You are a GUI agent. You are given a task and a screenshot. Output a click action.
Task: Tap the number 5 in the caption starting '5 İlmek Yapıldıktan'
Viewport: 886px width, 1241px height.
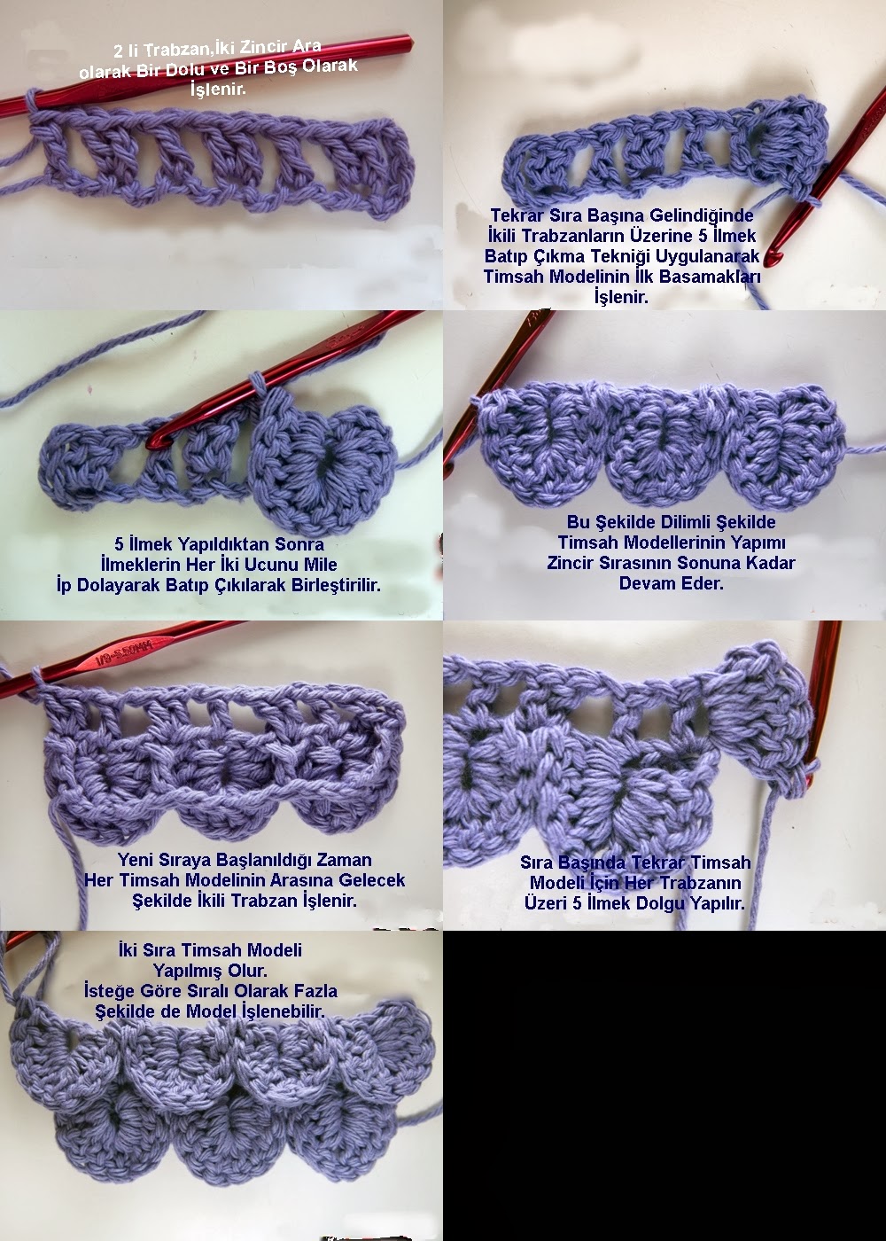tap(119, 544)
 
